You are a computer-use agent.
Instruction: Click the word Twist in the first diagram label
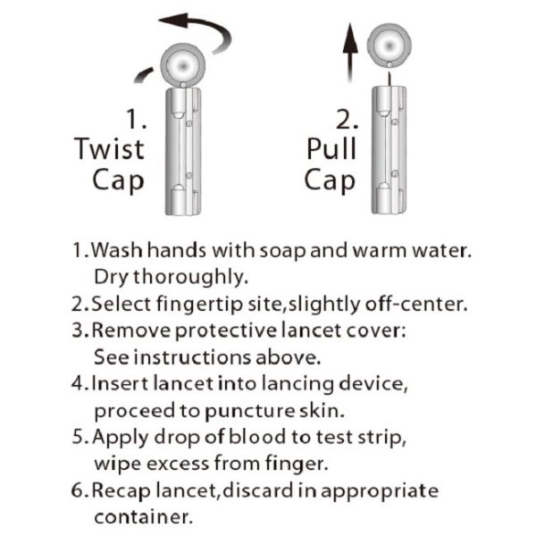click(x=109, y=148)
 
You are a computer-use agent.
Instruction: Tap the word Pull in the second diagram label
click(x=331, y=148)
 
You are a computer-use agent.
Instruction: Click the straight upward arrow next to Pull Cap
click(x=350, y=52)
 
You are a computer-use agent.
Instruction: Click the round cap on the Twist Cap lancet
click(x=183, y=65)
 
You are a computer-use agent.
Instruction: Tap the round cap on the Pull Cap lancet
click(x=389, y=46)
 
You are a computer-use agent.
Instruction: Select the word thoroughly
click(x=190, y=277)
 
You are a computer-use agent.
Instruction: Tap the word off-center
click(x=415, y=304)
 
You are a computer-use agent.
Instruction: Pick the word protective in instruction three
click(x=226, y=331)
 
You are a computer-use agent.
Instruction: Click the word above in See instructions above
click(x=288, y=357)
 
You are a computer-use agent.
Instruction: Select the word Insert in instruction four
click(x=120, y=383)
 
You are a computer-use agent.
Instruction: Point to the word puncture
click(x=250, y=411)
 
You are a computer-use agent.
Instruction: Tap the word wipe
click(x=118, y=465)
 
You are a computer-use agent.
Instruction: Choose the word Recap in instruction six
click(x=121, y=490)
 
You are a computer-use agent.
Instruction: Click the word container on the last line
click(x=143, y=517)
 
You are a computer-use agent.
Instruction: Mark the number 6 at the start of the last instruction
click(x=77, y=490)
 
